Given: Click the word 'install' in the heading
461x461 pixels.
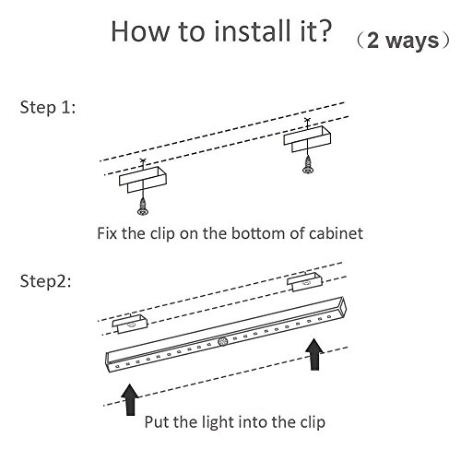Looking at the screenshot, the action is click(x=252, y=30).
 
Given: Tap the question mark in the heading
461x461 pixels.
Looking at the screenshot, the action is click(x=323, y=30).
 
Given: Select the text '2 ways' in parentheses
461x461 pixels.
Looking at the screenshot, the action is click(x=403, y=41).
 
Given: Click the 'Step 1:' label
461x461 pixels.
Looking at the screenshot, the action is click(x=48, y=108).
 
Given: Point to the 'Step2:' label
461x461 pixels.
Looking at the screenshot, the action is click(x=45, y=281).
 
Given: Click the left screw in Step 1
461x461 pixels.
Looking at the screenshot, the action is click(x=143, y=207).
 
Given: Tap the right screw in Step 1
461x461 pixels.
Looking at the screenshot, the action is click(x=308, y=165).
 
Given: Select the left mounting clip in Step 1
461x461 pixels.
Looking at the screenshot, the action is click(x=143, y=180).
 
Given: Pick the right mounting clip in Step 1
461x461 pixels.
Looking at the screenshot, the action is click(x=307, y=139).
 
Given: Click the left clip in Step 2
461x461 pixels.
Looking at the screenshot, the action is click(x=130, y=324).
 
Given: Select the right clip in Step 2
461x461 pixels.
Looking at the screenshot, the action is click(x=305, y=282).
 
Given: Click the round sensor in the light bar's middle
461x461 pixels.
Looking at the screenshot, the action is click(x=222, y=341).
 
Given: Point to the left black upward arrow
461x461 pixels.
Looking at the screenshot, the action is click(x=130, y=399).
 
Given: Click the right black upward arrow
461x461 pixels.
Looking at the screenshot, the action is click(x=314, y=354).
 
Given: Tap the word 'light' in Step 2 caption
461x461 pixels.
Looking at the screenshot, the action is click(x=219, y=422).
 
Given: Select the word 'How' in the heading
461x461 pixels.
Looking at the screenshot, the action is click(x=140, y=30).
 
